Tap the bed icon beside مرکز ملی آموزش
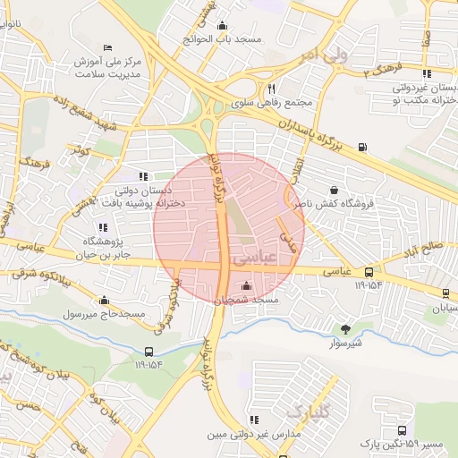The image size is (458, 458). [108, 47]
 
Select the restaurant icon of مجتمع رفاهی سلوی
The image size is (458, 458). [271, 89]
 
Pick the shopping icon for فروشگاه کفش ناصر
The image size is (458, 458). [334, 190]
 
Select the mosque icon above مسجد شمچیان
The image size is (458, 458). [246, 286]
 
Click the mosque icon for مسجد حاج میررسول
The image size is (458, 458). [105, 301]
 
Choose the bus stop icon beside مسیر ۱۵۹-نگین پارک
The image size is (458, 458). [402, 430]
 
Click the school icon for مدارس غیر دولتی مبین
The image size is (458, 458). [254, 419]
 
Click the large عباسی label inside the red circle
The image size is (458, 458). [251, 257]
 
